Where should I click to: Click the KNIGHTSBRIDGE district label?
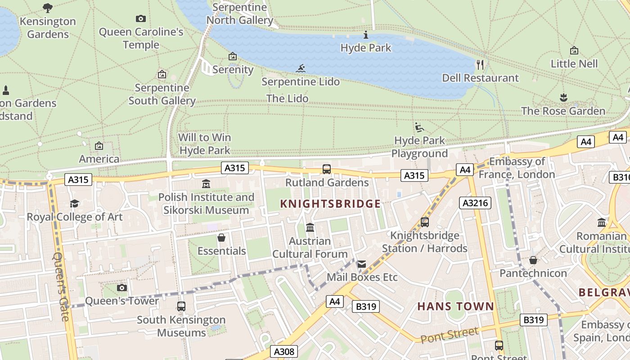point(330,204)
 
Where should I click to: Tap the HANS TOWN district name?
point(455,306)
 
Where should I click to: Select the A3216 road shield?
point(475,203)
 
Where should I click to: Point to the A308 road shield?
point(284,351)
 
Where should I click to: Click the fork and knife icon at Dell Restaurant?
point(480,65)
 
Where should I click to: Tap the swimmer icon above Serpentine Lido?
point(301,69)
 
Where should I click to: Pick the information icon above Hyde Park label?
point(366,35)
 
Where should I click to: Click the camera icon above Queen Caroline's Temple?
point(141,18)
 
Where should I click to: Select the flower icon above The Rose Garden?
point(563,97)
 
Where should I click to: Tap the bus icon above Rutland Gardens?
point(327,169)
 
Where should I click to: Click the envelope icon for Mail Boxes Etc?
point(362,264)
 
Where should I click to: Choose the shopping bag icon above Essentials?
point(221,238)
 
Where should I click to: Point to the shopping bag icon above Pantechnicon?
point(533,260)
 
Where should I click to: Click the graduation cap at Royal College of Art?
point(74,204)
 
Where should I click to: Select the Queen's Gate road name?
point(62,286)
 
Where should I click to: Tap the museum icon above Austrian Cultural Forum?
point(310,228)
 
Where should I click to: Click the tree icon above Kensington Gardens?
point(48,8)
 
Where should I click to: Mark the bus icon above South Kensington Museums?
point(181,306)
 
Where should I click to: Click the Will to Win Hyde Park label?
point(205,144)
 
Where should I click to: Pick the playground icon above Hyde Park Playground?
point(419,127)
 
